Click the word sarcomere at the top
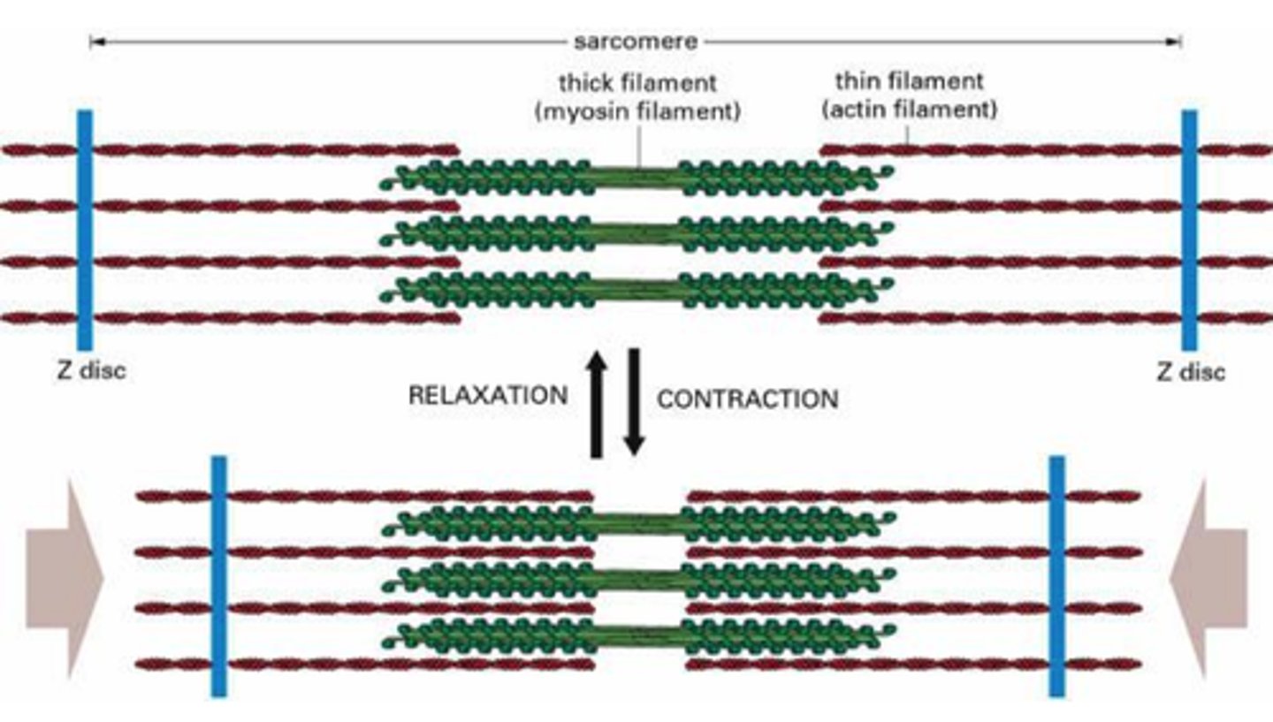635,42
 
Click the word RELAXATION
487,395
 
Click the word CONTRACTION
747,399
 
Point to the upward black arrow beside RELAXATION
598,403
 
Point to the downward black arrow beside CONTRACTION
633,403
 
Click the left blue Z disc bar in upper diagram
85,230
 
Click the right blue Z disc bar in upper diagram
1190,230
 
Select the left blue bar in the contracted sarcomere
218,576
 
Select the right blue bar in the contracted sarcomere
1056,576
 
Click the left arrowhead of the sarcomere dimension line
95,42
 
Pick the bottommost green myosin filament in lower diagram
638,635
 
